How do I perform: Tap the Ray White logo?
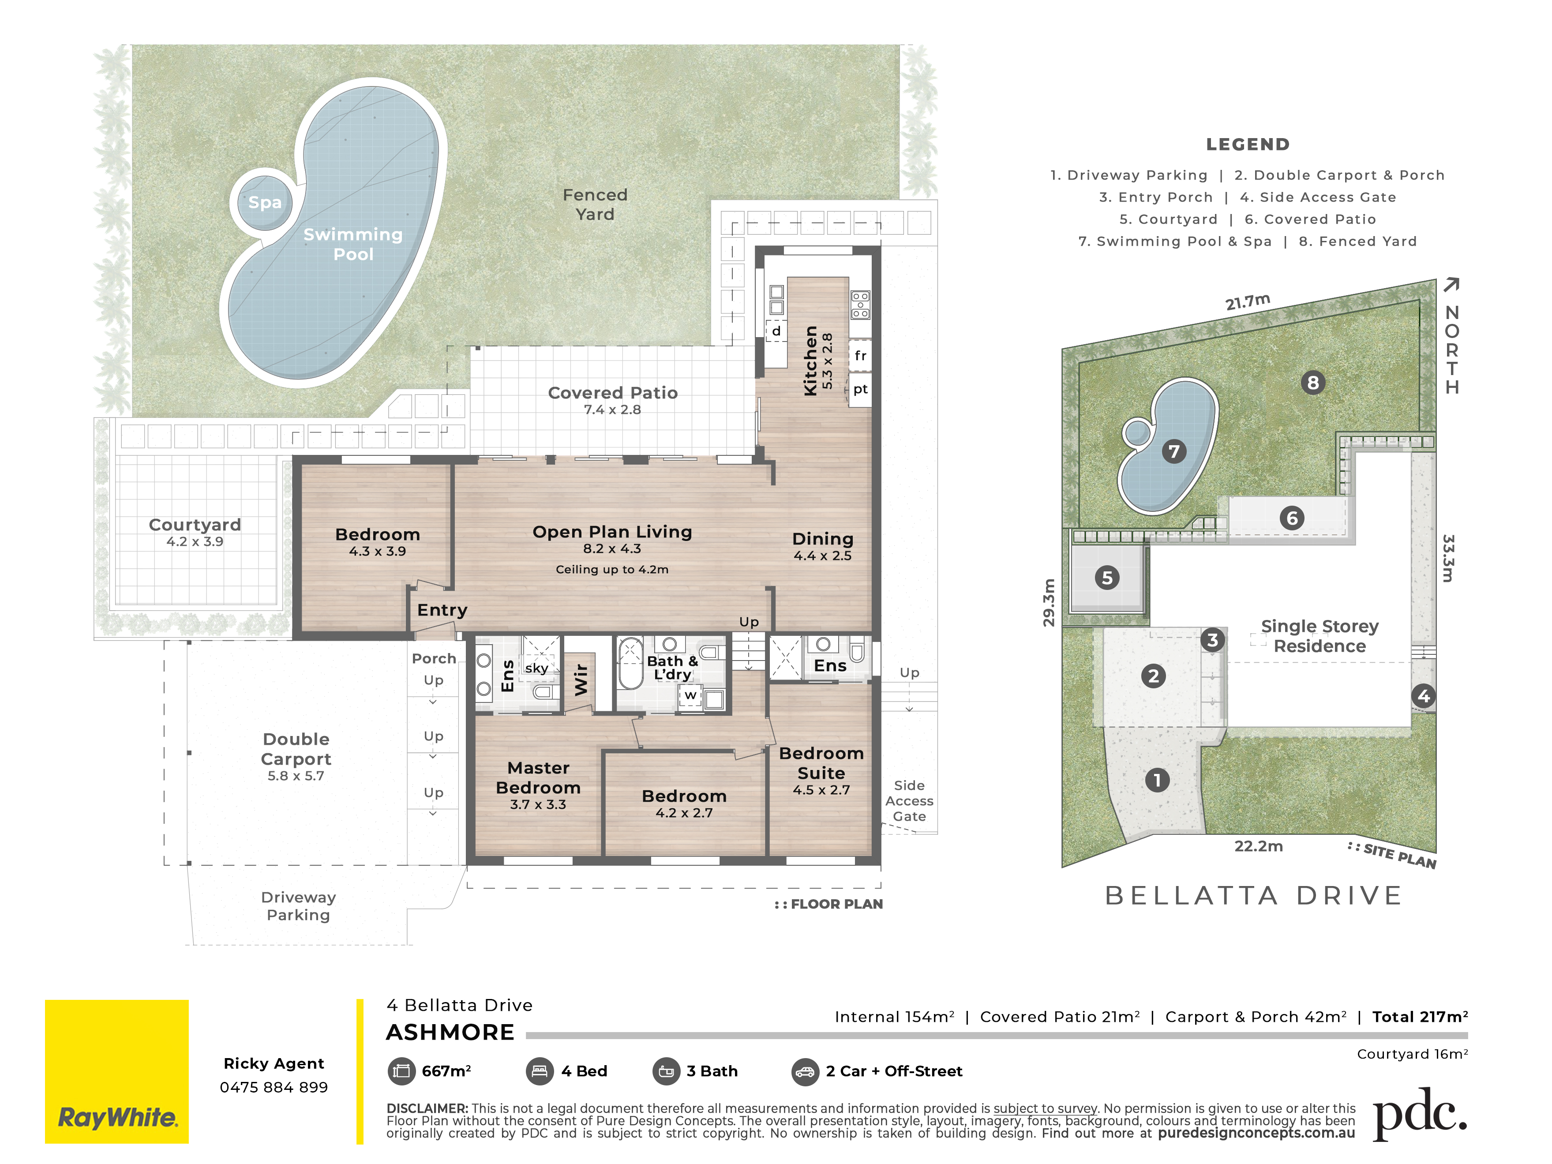point(116,1071)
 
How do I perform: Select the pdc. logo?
point(1419,1114)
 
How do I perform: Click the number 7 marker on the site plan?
point(1174,451)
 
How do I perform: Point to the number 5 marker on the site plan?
point(1107,578)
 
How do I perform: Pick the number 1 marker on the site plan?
point(1157,780)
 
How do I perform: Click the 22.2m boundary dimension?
point(1259,846)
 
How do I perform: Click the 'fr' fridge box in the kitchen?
point(860,356)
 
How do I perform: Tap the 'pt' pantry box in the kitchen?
point(860,390)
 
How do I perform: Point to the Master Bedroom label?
point(538,777)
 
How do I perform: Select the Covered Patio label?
point(612,393)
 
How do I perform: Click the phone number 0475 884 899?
point(274,1087)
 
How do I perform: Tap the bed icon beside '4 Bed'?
point(540,1071)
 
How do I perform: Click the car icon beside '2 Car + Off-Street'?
point(805,1071)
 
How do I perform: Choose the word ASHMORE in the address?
point(450,1032)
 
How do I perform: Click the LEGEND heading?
point(1248,145)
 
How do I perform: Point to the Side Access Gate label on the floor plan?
point(909,800)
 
